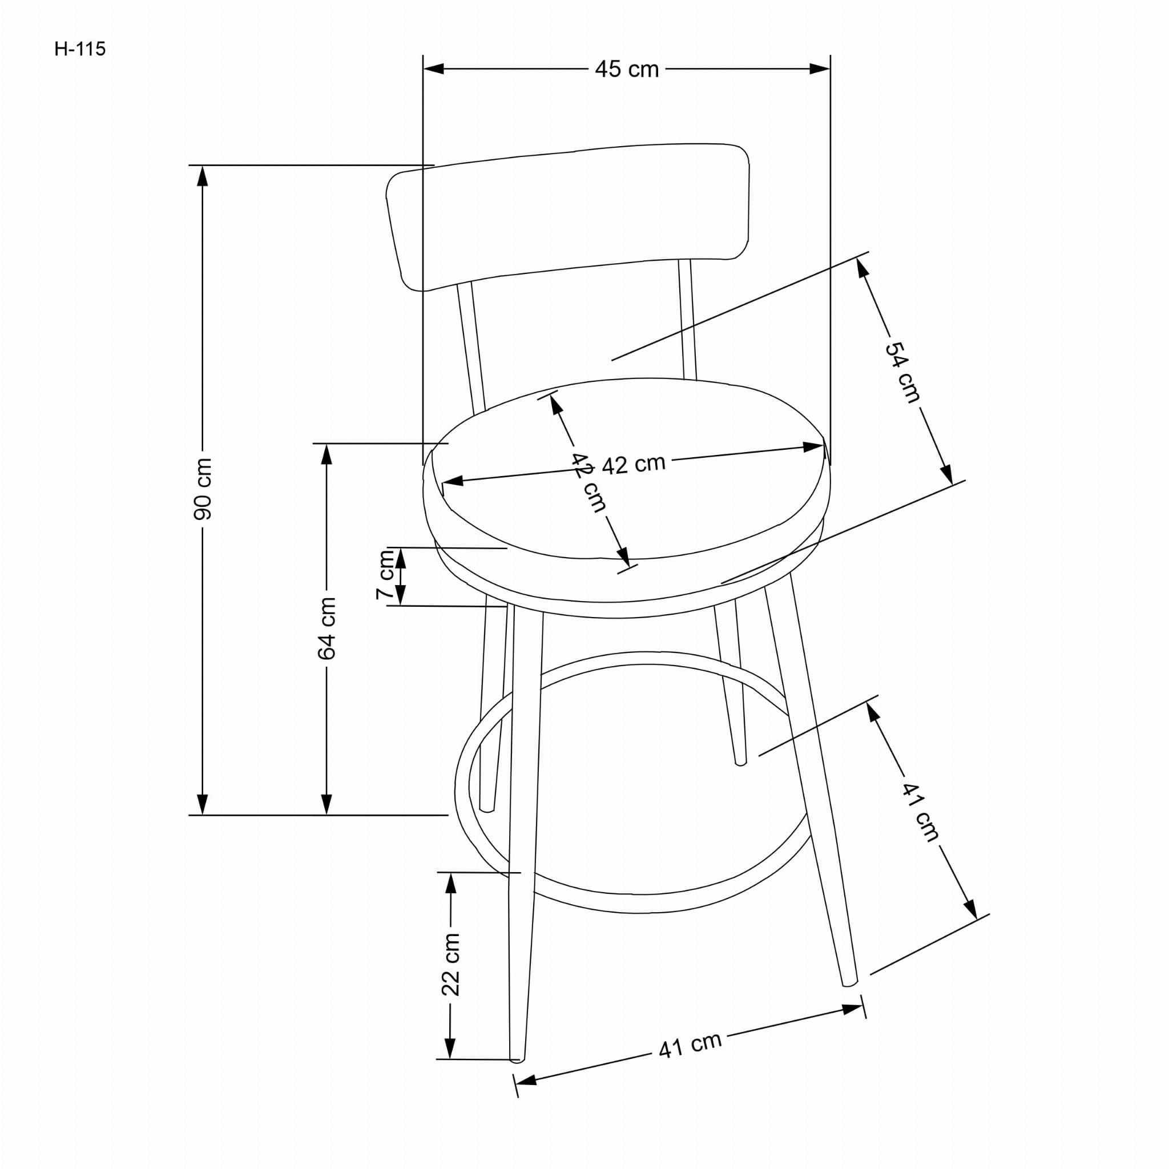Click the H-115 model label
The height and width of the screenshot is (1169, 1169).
[x=80, y=49]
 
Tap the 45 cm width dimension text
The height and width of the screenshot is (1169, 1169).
[x=626, y=70]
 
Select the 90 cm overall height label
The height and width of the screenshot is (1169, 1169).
[x=203, y=489]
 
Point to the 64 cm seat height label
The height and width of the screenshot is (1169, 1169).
[x=326, y=628]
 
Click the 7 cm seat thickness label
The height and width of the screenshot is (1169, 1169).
[x=385, y=575]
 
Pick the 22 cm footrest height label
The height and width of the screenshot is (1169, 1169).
[x=450, y=965]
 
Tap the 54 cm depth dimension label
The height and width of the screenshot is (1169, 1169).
[x=903, y=372]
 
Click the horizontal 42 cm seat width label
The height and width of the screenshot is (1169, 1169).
[x=634, y=464]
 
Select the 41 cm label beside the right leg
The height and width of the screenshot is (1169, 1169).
[x=921, y=812]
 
